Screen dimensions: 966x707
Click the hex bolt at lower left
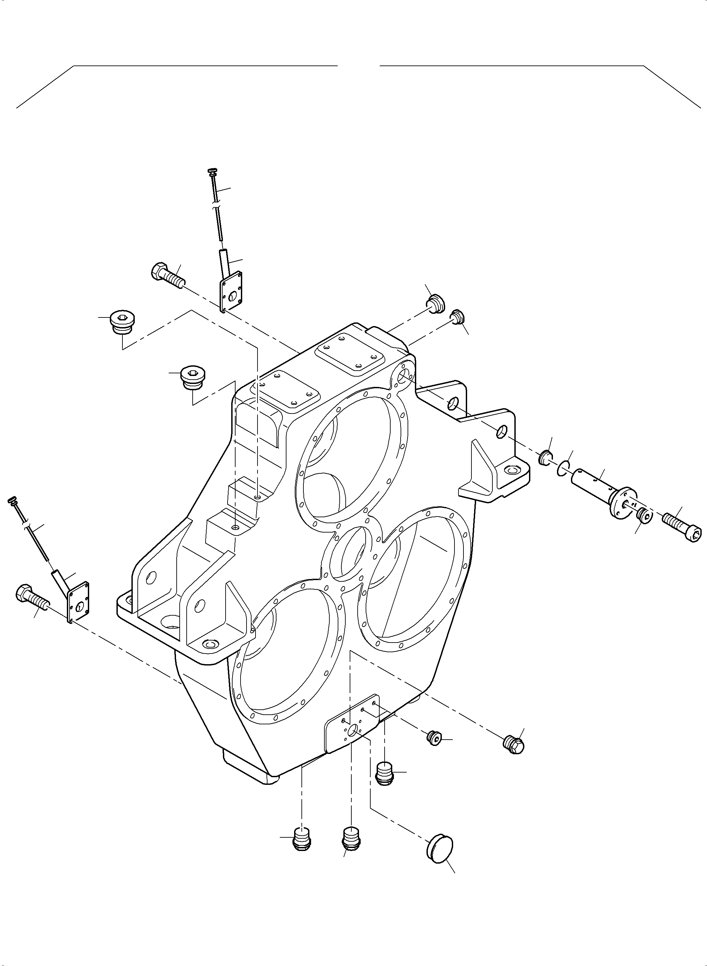pyautogui.click(x=32, y=597)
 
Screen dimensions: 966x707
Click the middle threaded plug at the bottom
pyautogui.click(x=351, y=839)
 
